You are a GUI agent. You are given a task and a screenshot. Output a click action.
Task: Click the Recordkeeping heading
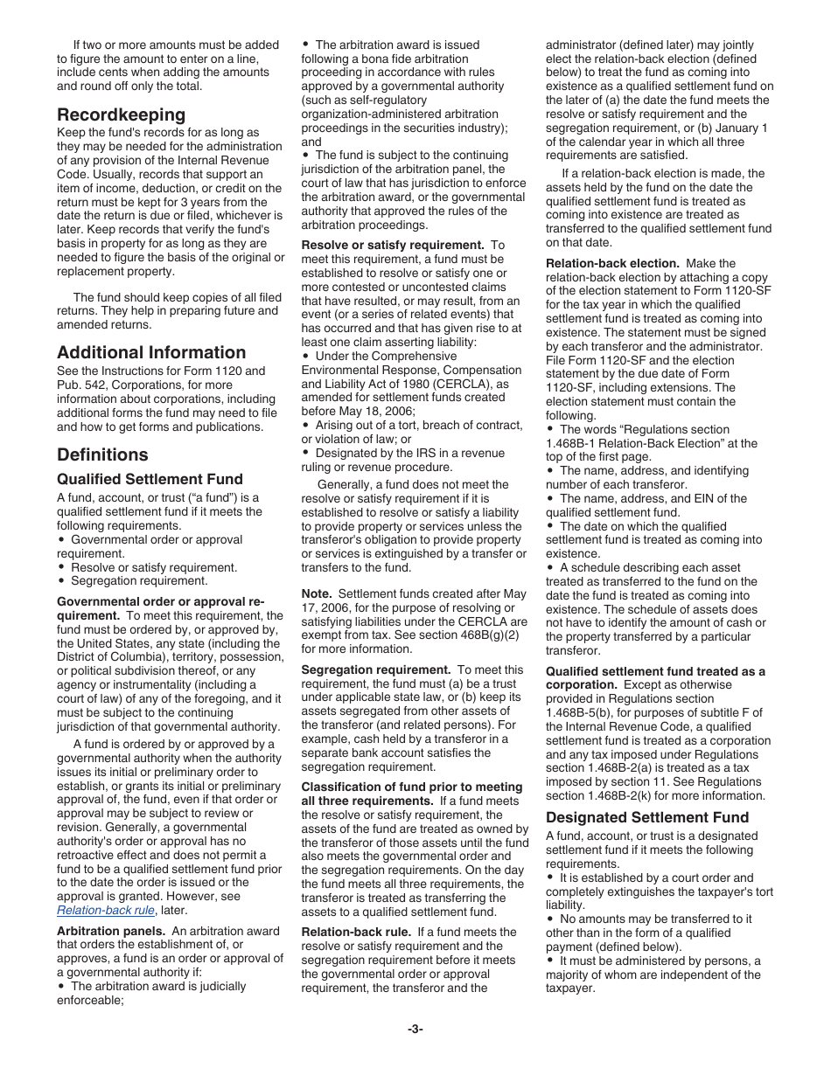point(121,114)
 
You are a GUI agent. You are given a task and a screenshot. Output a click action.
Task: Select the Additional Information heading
point(151,352)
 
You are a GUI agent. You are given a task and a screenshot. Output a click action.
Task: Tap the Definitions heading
point(102,454)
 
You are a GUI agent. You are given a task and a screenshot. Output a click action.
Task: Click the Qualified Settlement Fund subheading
point(150,479)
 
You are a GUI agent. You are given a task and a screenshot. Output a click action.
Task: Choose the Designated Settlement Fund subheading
point(647,817)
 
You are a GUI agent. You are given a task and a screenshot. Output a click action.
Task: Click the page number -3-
point(415,1029)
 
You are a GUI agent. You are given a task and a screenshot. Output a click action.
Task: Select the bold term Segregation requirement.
point(376,669)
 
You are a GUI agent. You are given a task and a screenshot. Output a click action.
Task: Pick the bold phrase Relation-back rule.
point(355,932)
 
